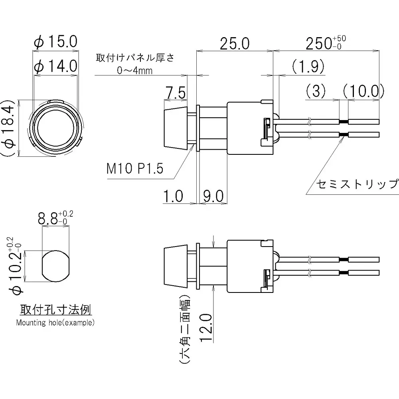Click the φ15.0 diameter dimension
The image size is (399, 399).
pyautogui.click(x=55, y=42)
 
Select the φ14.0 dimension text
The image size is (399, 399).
pyautogui.click(x=55, y=65)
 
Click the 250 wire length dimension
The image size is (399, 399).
pyautogui.click(x=326, y=43)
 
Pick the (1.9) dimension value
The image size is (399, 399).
pyautogui.click(x=308, y=67)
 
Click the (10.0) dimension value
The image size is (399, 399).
pyautogui.click(x=363, y=91)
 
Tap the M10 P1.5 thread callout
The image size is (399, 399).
pyautogui.click(x=135, y=169)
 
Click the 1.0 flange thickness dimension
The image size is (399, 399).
pyautogui.click(x=173, y=196)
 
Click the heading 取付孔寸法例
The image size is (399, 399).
pyautogui.click(x=56, y=310)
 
